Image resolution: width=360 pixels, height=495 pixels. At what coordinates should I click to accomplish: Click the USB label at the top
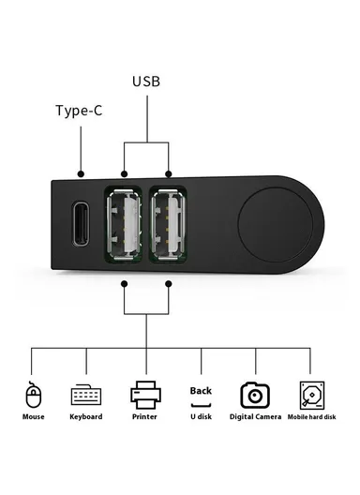click(x=146, y=81)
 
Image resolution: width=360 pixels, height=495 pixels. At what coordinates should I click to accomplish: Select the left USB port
click(x=125, y=225)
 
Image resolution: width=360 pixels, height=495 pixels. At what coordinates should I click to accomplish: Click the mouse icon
click(x=34, y=392)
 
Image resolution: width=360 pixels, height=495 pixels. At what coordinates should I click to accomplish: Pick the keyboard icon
click(x=86, y=394)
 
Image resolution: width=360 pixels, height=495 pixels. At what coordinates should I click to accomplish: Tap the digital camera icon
click(x=256, y=393)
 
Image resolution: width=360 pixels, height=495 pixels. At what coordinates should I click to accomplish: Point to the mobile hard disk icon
click(x=311, y=393)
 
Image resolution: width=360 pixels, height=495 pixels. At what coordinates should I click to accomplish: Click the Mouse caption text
click(x=34, y=416)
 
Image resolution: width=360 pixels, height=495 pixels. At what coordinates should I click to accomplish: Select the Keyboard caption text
click(x=86, y=416)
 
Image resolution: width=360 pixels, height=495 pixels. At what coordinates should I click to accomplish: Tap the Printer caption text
click(x=145, y=416)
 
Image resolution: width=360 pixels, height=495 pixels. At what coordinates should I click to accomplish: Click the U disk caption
click(x=201, y=416)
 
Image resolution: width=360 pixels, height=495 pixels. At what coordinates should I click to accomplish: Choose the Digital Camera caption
click(x=256, y=416)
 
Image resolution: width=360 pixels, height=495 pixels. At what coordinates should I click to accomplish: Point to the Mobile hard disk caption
click(x=311, y=416)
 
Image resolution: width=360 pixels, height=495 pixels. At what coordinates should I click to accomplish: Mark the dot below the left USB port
click(x=125, y=282)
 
